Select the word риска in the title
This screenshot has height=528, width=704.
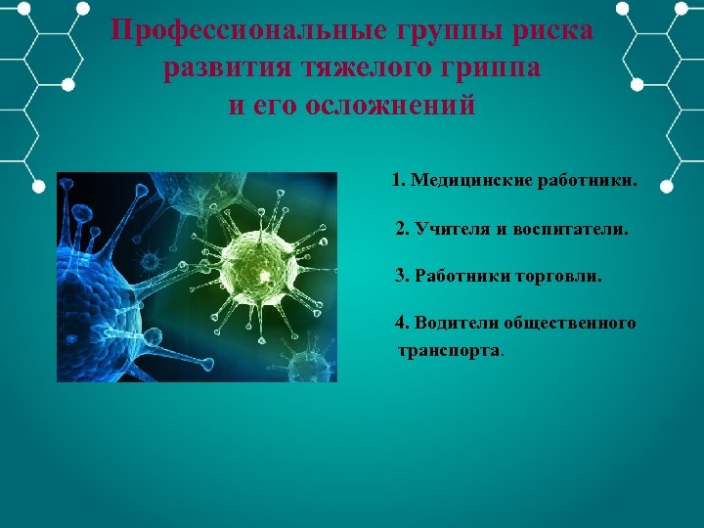coord(548,30)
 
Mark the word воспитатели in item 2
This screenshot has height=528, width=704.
coord(573,229)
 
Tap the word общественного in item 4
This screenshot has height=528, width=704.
coord(572,323)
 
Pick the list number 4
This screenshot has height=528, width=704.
coord(401,323)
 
